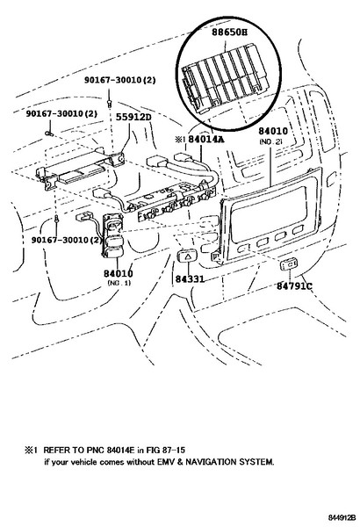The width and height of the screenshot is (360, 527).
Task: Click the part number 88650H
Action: (x=229, y=32)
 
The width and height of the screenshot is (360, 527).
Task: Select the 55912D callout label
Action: (x=133, y=117)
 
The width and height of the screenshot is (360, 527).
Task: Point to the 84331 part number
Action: (x=190, y=279)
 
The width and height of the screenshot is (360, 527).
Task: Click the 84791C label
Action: (x=294, y=286)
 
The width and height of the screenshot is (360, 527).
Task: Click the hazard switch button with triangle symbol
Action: (x=188, y=256)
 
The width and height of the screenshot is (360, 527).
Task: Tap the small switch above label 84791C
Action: (x=289, y=264)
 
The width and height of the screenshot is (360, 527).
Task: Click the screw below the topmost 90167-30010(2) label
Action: (x=109, y=103)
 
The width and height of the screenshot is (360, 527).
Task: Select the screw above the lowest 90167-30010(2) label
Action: (x=57, y=219)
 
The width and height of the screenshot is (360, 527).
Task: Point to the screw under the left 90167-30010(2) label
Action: (x=50, y=134)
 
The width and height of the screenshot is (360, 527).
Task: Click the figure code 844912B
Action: (x=342, y=517)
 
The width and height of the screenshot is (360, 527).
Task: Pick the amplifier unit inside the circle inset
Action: (x=225, y=77)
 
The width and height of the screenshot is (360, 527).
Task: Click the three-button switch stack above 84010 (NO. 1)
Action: (x=113, y=236)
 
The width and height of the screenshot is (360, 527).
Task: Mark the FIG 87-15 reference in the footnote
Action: (x=166, y=450)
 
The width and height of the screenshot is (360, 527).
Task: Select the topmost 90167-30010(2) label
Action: (x=120, y=80)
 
